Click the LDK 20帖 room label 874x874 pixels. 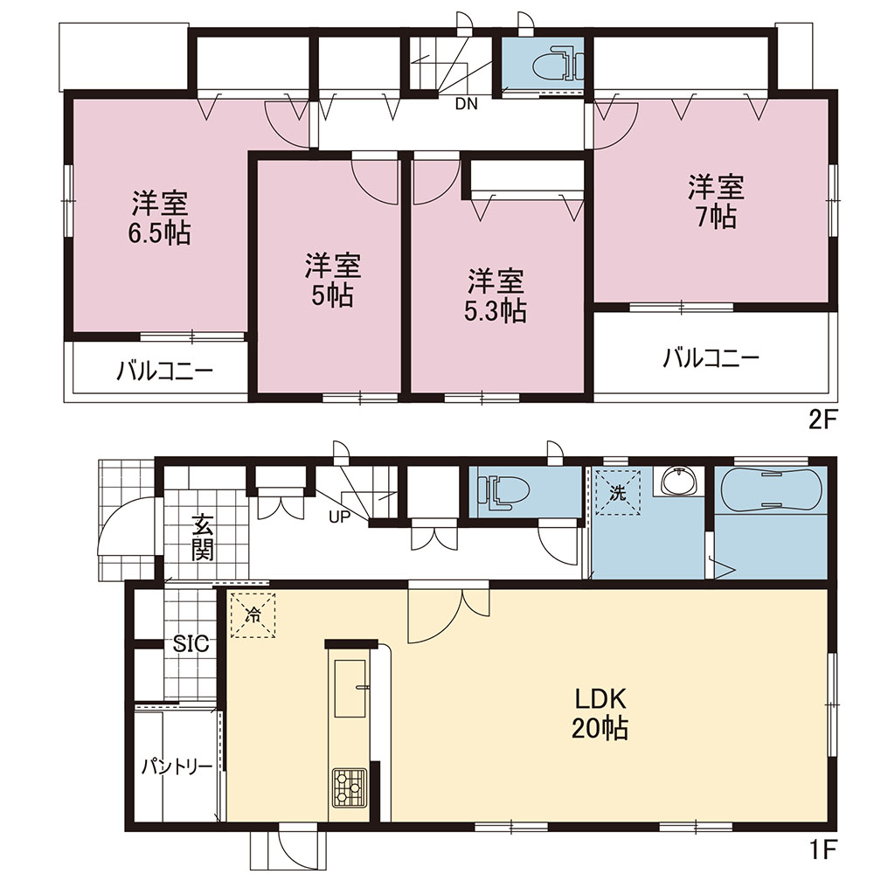click(600, 714)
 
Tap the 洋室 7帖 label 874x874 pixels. click(717, 202)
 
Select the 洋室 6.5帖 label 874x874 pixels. click(160, 218)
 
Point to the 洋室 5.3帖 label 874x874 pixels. click(496, 296)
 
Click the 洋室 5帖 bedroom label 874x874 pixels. click(332, 281)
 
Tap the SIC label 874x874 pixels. click(191, 644)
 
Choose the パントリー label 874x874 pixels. click(177, 767)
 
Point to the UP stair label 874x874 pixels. click(339, 517)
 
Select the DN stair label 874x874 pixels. click(467, 104)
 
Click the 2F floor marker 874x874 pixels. click(824, 420)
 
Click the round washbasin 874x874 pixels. click(678, 481)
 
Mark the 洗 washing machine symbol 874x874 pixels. click(618, 492)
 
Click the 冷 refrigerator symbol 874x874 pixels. click(253, 614)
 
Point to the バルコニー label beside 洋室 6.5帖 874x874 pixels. click(164, 371)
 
